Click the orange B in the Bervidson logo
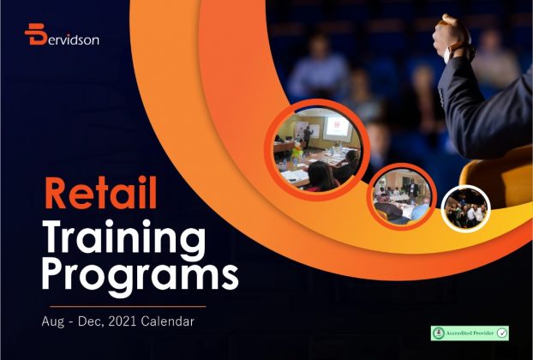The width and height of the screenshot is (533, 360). (x=35, y=34)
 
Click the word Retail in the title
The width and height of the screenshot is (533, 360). (x=100, y=192)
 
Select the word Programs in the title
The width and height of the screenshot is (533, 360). (x=140, y=276)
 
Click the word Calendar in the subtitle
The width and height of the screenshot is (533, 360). (x=167, y=321)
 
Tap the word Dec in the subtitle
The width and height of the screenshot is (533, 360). (x=90, y=321)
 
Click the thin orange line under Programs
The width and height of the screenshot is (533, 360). (x=128, y=306)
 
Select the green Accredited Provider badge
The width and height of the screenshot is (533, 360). (x=470, y=333)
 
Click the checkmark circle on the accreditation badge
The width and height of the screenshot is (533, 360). (x=502, y=333)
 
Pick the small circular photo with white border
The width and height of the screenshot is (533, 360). (x=466, y=209)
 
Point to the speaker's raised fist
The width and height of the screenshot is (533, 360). (x=451, y=33)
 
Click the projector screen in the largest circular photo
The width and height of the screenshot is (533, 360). (x=338, y=129)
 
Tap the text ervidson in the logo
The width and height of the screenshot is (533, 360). (x=73, y=39)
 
